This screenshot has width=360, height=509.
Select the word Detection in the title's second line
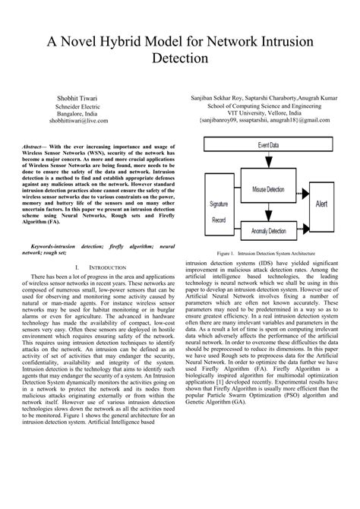tap(180, 57)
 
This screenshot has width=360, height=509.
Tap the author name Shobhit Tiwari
tap(79, 97)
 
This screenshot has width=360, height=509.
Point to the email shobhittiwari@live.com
tap(79, 120)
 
